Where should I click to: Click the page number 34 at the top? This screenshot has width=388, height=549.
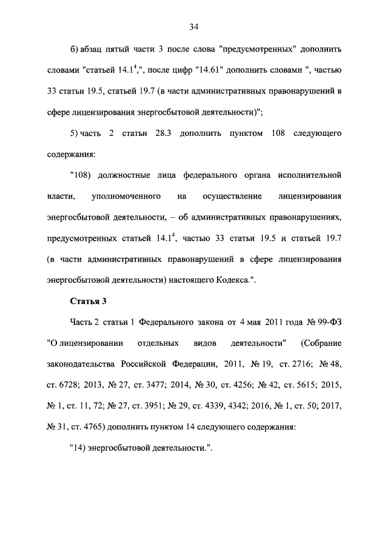click(x=193, y=26)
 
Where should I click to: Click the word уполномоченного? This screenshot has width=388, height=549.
click(x=125, y=196)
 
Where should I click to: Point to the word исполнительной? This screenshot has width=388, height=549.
click(x=310, y=175)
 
